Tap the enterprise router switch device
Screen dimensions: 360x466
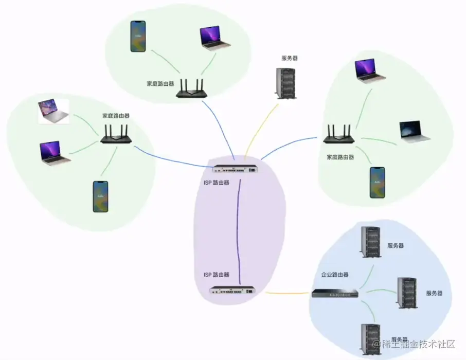335,294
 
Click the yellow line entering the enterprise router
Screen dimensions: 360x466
288,293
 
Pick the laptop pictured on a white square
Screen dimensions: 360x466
53,112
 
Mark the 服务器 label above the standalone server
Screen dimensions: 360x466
289,58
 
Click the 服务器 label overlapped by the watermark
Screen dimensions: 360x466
400,339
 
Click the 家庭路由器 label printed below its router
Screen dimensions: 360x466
340,157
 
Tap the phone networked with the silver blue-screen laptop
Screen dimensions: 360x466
377,182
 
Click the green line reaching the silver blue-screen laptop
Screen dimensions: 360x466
381,140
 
